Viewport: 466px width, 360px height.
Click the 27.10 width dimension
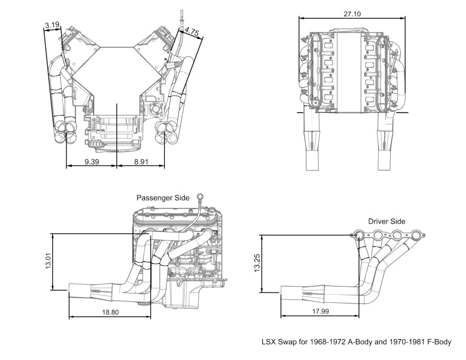click(x=352, y=13)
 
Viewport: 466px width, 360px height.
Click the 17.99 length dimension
click(x=320, y=312)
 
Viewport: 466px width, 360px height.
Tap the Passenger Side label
click(x=163, y=198)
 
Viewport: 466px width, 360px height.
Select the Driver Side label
click(x=387, y=221)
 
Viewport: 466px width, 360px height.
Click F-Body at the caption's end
click(x=437, y=342)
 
